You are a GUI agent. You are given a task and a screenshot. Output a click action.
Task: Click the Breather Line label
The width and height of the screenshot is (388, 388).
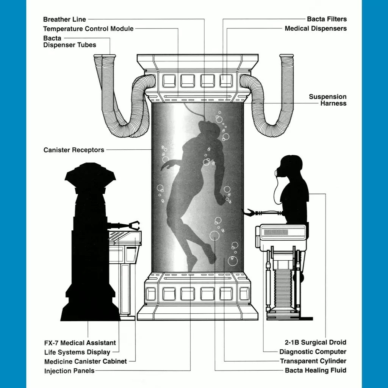64,19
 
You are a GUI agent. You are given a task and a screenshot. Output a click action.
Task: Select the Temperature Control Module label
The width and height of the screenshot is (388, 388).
88,29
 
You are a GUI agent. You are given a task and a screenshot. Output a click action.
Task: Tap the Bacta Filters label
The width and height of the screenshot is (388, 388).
327,19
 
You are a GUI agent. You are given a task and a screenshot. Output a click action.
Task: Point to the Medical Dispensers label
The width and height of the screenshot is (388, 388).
316,28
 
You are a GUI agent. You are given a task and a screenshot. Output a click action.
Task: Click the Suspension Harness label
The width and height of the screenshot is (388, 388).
327,100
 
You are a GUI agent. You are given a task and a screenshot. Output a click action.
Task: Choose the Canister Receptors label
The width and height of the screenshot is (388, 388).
74,150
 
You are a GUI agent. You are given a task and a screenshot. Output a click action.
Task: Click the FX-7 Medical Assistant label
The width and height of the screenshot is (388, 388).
80,343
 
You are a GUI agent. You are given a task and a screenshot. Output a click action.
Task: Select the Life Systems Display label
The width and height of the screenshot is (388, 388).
77,352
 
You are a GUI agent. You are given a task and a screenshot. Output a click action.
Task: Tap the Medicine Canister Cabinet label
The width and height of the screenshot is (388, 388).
86,361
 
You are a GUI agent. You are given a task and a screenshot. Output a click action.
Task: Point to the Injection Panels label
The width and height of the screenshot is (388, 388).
69,371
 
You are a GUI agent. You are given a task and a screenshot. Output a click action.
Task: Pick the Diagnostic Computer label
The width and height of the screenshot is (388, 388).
313,352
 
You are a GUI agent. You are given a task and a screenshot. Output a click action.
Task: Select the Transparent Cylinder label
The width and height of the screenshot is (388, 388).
313,361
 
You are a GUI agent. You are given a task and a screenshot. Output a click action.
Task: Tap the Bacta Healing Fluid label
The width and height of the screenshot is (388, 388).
316,370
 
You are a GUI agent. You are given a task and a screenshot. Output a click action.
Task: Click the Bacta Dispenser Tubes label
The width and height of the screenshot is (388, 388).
69,42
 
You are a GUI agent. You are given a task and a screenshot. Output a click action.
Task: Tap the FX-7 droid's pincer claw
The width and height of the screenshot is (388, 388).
134,225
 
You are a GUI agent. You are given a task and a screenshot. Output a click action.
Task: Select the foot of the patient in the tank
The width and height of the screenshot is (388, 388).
191,261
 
